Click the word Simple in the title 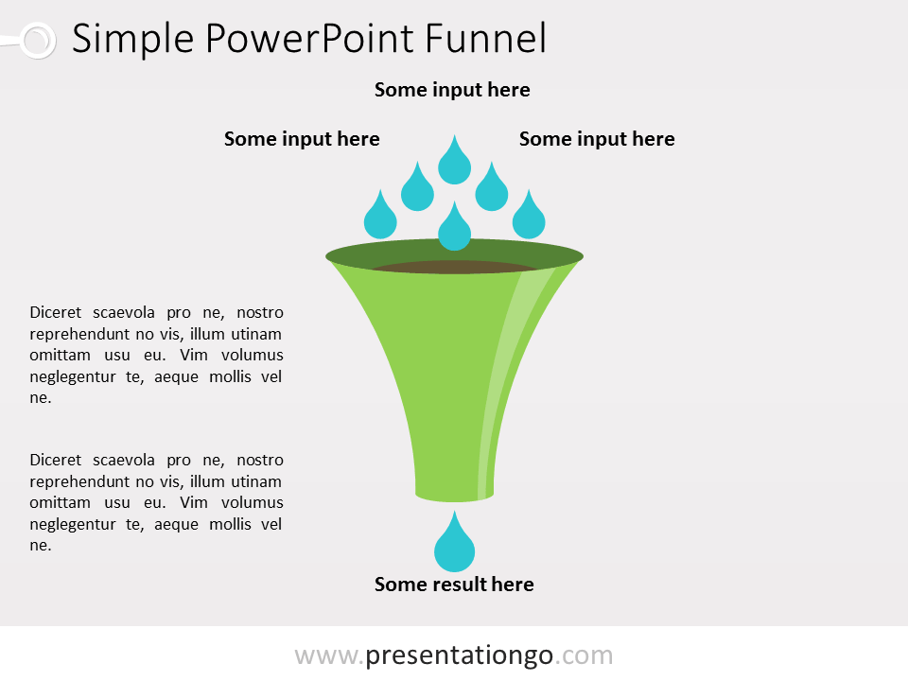pos(132,40)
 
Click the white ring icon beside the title pos(38,41)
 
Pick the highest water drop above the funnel pos(455,161)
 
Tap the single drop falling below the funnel pos(455,543)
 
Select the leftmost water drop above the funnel pos(380,216)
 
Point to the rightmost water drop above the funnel pos(529,216)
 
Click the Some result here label pos(454,585)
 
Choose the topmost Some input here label pos(452,90)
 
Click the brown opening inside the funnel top pos(455,267)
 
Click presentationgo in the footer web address pos(460,655)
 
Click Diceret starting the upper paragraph pos(56,313)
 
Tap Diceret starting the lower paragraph pos(56,461)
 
